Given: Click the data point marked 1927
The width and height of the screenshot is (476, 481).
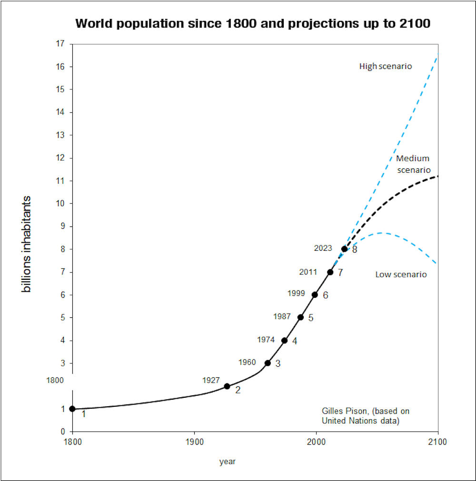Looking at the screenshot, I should pyautogui.click(x=227, y=386).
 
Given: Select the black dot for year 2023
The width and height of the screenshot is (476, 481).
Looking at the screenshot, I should pyautogui.click(x=344, y=249).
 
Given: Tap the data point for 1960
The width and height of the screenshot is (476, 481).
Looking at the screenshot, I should pyautogui.click(x=268, y=363).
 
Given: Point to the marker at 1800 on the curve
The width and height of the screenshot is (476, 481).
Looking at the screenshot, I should pyautogui.click(x=72, y=409).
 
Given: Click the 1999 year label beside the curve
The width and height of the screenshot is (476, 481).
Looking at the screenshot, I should pyautogui.click(x=296, y=294).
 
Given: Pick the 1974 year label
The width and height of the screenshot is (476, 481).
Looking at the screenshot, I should pyautogui.click(x=266, y=340).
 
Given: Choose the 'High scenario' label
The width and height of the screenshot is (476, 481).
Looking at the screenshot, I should pyautogui.click(x=385, y=67).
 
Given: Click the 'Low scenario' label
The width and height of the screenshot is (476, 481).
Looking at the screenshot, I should pyautogui.click(x=401, y=275).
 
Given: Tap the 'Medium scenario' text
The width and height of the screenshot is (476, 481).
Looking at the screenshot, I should pyautogui.click(x=413, y=164).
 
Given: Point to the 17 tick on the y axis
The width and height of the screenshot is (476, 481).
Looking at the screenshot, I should pyautogui.click(x=60, y=44).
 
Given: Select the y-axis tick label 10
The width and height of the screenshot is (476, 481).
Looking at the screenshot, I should pyautogui.click(x=60, y=204).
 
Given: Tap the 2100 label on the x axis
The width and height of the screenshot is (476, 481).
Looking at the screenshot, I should pyautogui.click(x=437, y=442).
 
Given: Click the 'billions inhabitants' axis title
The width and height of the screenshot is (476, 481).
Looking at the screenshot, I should pyautogui.click(x=28, y=243).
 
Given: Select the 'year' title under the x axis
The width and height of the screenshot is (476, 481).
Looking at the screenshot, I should pyautogui.click(x=227, y=461).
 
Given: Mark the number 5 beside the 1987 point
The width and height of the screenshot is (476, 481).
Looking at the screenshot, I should pyautogui.click(x=311, y=318).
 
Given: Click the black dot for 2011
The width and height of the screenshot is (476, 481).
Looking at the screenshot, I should pyautogui.click(x=330, y=272).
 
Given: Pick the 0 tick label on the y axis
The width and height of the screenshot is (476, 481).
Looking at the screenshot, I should pyautogui.click(x=62, y=432).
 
